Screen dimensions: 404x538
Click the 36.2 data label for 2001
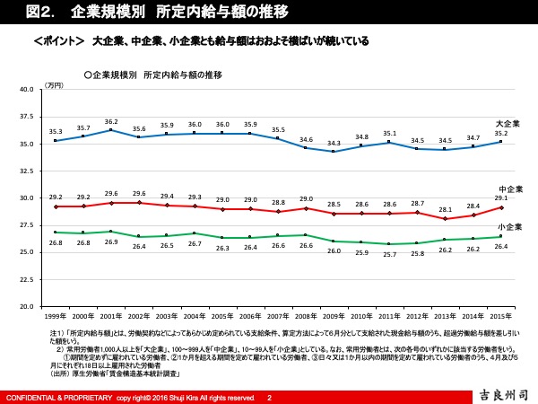coord(111,121)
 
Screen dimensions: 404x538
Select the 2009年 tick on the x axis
coord(334,317)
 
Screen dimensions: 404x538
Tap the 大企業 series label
coord(508,123)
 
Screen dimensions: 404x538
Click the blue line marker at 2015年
coord(503,142)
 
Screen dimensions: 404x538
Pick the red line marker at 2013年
coord(447,218)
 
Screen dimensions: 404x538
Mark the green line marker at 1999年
coord(56,233)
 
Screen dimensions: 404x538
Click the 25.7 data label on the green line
coord(390,254)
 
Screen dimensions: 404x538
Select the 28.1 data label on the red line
coord(447,208)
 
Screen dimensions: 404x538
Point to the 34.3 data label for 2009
coord(334,143)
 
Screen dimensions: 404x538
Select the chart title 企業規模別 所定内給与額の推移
coord(156,74)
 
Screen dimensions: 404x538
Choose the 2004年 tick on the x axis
coord(195,317)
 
